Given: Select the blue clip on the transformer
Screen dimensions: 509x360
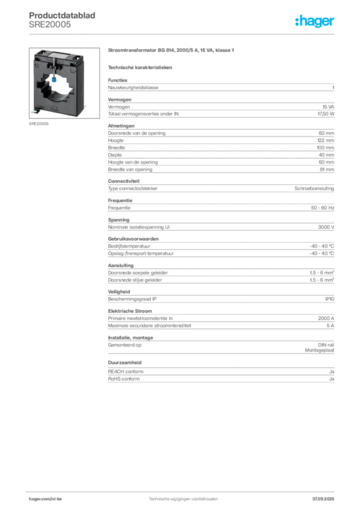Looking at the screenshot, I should [54, 79].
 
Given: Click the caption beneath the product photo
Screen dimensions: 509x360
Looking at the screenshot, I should [39, 124].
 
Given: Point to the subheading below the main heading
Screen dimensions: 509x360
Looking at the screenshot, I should [141, 67].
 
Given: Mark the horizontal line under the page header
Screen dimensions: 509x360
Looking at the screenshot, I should [182, 33].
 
